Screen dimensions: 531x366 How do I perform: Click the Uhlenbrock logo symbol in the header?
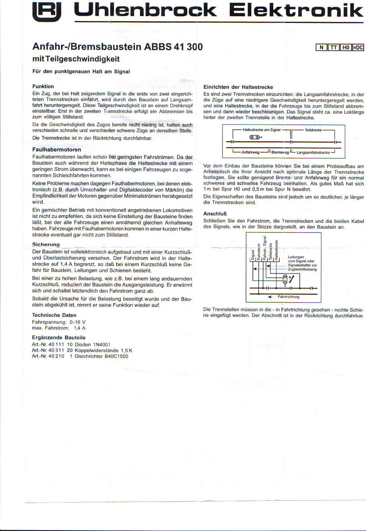47,12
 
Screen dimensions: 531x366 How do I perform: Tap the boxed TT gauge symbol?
333,47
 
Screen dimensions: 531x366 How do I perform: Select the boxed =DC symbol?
358,47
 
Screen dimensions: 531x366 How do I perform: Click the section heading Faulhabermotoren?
57,150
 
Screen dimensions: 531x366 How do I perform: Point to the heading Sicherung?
46,245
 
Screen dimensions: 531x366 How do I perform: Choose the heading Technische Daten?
54,315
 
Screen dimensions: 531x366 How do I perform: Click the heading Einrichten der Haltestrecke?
238,87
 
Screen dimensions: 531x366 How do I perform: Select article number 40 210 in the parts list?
56,356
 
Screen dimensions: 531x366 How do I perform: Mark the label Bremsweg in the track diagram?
280,152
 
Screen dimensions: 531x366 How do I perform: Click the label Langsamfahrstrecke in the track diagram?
313,152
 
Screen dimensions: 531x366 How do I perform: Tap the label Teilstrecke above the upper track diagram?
313,130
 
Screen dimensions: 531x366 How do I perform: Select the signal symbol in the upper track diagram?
256,137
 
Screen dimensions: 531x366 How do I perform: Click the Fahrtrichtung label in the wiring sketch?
288,297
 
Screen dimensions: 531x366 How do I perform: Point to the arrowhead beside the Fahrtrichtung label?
270,297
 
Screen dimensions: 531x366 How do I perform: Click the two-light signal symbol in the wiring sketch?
285,279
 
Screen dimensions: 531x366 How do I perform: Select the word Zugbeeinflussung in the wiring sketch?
302,269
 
